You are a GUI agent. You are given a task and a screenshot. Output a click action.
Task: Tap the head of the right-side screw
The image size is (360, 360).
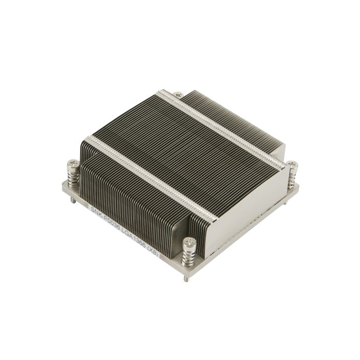pos(292,165)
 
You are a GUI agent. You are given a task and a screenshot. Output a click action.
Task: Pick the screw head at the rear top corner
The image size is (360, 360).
pos(177,94)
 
